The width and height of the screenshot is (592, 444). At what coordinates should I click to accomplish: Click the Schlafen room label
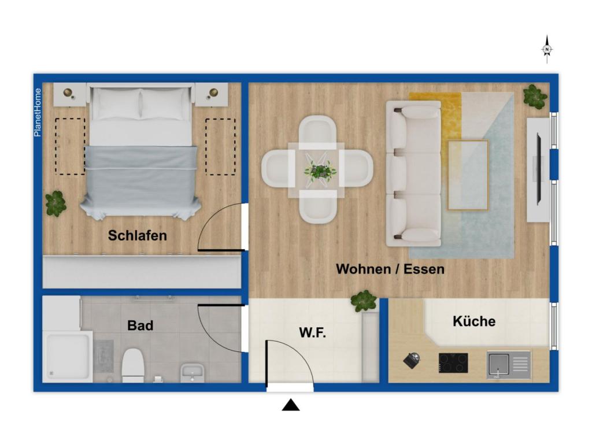tap(138, 236)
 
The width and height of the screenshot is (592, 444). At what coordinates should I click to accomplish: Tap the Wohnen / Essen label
tap(390, 269)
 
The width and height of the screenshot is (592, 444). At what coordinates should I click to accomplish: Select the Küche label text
tap(474, 321)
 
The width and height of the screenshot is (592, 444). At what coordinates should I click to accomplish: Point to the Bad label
tap(140, 325)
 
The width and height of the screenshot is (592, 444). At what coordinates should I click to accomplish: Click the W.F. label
tap(313, 332)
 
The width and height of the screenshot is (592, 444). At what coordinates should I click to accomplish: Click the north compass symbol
tap(547, 50)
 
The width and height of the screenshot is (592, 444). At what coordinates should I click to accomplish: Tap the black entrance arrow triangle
tap(291, 405)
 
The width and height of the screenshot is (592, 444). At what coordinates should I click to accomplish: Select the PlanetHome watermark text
tap(38, 112)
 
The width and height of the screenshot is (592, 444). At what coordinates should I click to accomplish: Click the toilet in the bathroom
tap(133, 365)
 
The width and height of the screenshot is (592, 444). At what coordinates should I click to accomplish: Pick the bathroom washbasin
tap(193, 373)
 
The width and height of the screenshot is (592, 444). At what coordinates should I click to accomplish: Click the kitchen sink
tap(509, 365)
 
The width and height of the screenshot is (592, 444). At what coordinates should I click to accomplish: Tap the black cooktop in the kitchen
tap(453, 363)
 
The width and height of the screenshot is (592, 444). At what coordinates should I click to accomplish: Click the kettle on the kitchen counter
tap(412, 360)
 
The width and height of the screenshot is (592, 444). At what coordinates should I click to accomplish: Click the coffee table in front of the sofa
tap(468, 175)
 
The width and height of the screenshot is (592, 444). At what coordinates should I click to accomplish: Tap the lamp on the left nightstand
tap(68, 92)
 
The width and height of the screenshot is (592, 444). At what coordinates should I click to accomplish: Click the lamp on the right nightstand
tap(213, 92)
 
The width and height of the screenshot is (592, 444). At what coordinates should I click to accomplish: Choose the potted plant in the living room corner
tap(535, 97)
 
